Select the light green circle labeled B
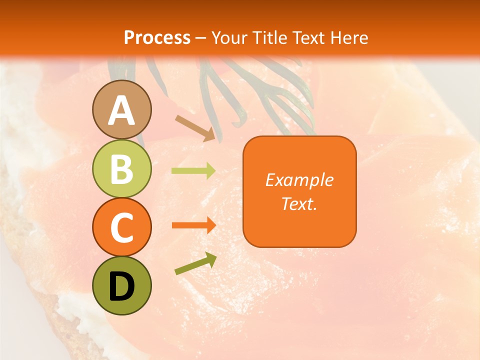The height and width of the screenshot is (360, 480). (x=121, y=169)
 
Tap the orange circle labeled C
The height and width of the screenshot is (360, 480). (x=121, y=227)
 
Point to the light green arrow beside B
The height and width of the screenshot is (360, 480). (x=193, y=171)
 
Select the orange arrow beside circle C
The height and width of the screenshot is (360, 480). (x=193, y=225)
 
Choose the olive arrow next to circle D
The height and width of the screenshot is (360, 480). (x=195, y=263)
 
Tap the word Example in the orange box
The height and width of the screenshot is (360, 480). (x=299, y=180)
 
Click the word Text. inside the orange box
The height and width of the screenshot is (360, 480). (x=299, y=203)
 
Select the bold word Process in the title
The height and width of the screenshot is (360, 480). (x=157, y=37)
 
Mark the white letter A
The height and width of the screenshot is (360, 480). (x=121, y=111)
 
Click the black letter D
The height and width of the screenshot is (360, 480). (x=121, y=286)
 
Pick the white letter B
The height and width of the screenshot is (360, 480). (x=121, y=169)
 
